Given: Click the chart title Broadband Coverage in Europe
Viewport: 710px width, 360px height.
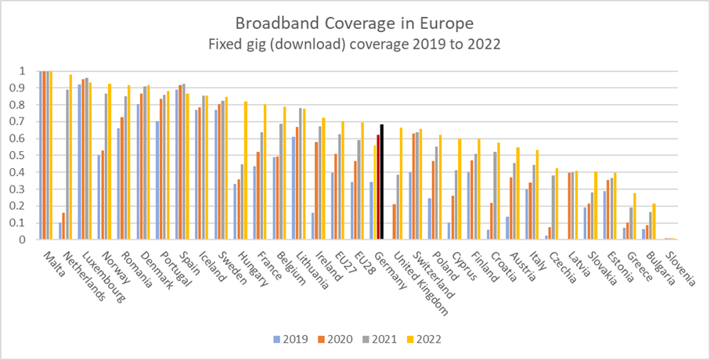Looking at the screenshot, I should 355,22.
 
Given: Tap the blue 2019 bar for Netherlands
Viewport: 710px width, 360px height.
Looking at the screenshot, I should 60,231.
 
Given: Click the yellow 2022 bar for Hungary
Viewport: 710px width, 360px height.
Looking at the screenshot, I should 245,171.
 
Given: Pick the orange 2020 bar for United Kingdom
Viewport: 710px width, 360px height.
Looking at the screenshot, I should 394,221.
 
